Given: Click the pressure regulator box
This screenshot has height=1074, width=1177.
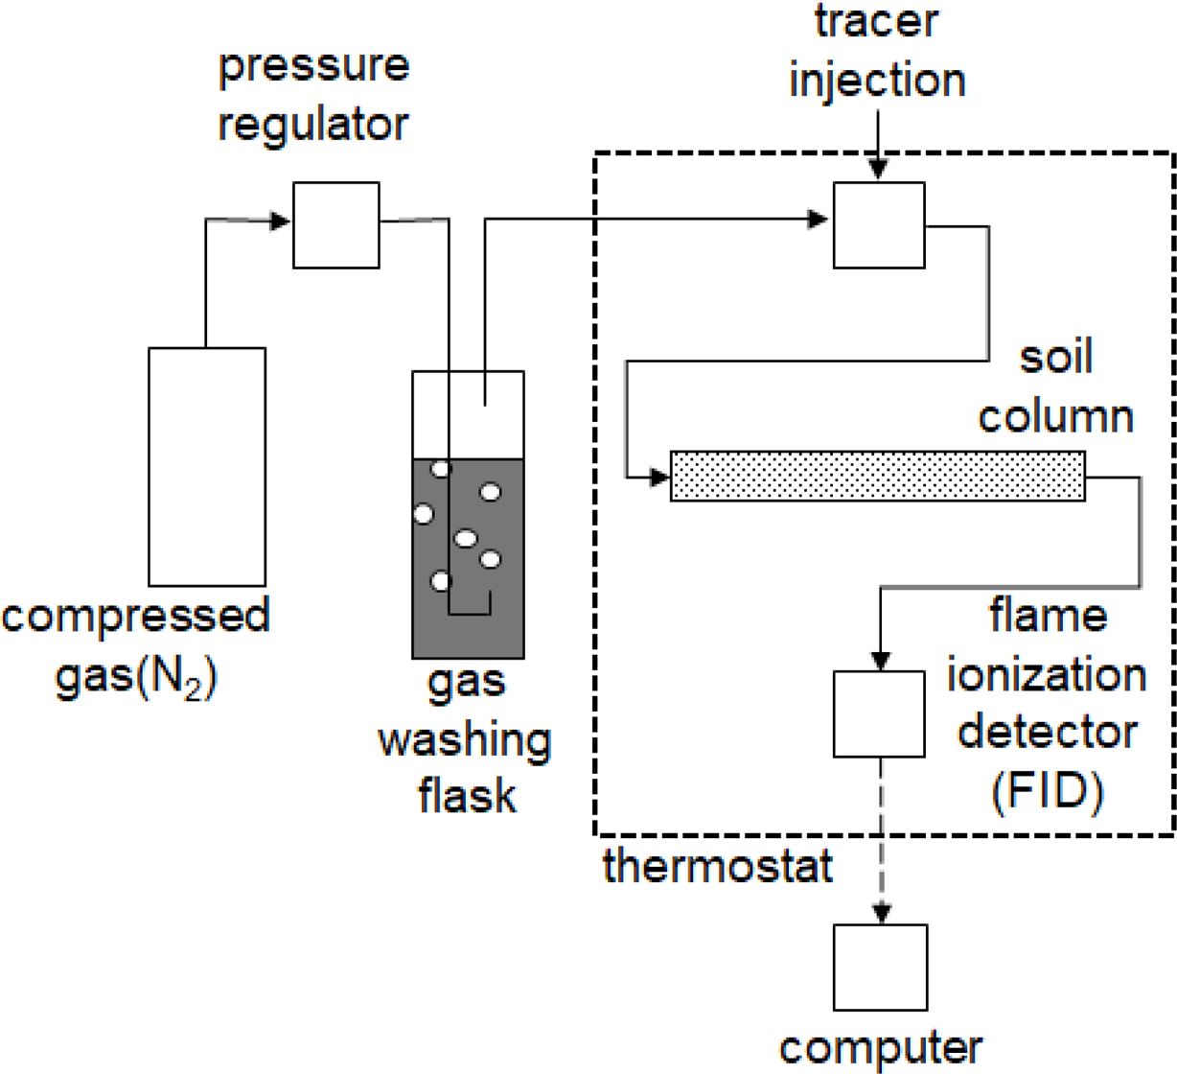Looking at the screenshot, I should coord(335,225).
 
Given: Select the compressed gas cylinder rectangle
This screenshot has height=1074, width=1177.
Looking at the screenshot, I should coord(207,466).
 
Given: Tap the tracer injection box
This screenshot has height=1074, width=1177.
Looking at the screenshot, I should coord(879,225).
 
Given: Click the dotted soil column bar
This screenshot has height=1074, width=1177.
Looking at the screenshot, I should coord(877,476).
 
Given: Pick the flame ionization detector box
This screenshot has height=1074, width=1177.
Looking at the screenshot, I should coord(879,713).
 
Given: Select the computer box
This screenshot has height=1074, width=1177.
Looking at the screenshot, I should coord(880,967).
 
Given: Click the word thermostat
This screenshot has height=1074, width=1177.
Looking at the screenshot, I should coord(717,866).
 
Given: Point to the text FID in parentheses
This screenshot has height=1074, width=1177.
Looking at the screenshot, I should coord(1048,792).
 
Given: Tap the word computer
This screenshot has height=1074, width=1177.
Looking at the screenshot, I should coord(880,1048).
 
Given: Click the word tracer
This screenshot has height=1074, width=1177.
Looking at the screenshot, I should coord(876,21).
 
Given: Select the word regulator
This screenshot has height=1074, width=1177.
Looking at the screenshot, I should coord(313,125).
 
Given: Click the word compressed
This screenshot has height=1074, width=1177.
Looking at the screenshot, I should coord(136,615).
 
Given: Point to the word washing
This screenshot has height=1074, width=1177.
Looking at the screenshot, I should coord(465,740).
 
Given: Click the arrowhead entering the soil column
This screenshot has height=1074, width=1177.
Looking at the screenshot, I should coord(659,476).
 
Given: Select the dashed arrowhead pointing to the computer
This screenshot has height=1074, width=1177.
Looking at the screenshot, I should coord(880,914).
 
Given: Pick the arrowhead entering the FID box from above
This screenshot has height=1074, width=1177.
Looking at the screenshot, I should coord(880,661).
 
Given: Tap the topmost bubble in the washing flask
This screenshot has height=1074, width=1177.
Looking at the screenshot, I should coord(441,469).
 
